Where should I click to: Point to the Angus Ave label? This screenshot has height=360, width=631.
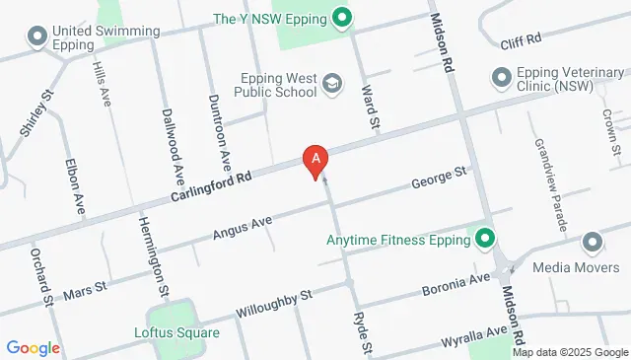click(242, 230)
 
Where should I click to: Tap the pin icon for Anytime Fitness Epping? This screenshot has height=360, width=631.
click(484, 239)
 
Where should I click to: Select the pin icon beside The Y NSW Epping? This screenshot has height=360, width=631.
click(342, 17)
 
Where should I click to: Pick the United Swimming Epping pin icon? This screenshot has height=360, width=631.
click(37, 37)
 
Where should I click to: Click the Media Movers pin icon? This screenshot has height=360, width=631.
click(592, 242)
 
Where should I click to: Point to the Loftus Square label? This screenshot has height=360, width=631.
click(176, 331)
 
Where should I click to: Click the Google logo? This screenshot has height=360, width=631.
click(33, 347)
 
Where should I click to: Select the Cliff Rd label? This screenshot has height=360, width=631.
click(522, 40)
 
